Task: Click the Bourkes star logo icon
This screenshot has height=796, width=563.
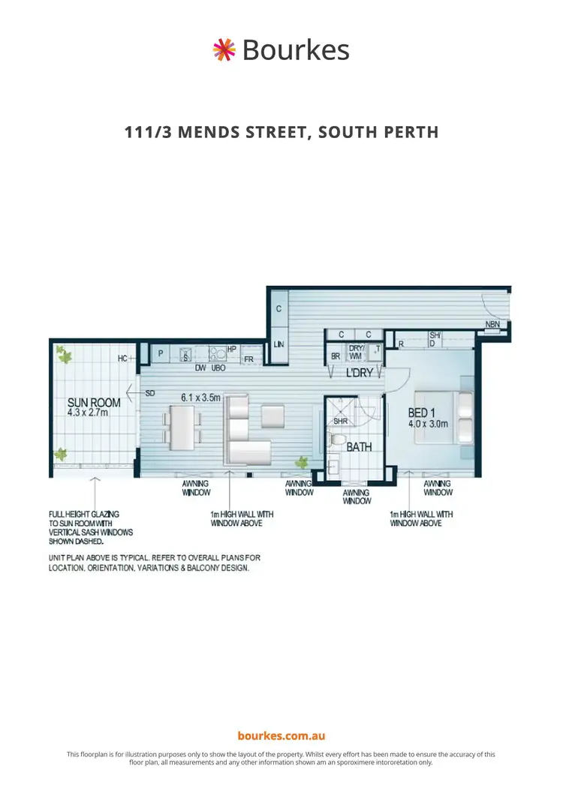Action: point(224,50)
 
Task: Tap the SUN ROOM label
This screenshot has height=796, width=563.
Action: point(83,403)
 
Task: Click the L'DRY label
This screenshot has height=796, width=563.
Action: point(359,373)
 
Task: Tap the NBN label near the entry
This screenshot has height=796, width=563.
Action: point(492,325)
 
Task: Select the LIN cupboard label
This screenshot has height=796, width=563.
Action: point(278,344)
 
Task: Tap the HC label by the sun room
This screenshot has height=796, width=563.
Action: point(122,359)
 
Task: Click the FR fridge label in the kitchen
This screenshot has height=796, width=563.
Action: point(248,359)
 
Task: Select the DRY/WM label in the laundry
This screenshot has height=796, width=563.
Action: point(356,353)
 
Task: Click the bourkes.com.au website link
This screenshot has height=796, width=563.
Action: point(281,737)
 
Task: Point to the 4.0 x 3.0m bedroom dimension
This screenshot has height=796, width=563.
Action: point(428,424)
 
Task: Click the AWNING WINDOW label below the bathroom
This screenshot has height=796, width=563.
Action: point(357,497)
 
